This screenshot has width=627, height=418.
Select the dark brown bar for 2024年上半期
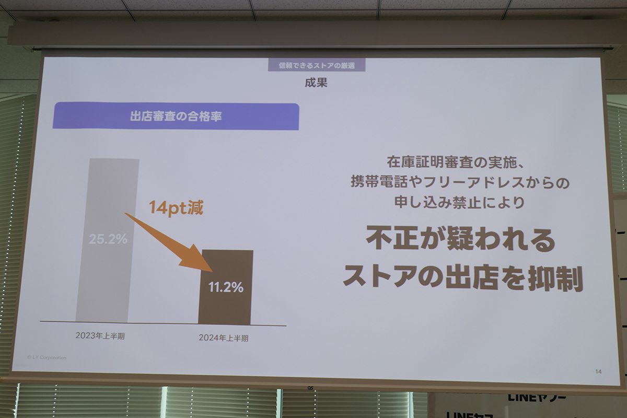click(x=226, y=308)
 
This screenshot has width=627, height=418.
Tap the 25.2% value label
click(x=108, y=239)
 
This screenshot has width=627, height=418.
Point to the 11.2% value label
click(x=226, y=287)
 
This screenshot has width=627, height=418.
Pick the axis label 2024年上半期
click(x=223, y=338)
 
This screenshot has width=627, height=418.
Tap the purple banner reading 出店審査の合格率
click(x=176, y=117)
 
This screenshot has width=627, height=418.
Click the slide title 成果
click(x=316, y=83)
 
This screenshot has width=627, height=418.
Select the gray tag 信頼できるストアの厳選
click(x=316, y=65)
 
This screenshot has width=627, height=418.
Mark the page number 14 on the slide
click(x=598, y=371)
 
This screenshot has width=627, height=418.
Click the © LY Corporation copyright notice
click(x=47, y=357)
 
